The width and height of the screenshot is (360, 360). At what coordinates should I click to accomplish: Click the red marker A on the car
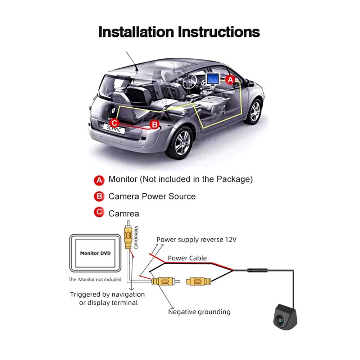230,80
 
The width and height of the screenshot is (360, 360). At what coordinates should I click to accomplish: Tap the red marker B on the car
154,125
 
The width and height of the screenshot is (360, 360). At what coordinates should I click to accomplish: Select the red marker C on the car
113,122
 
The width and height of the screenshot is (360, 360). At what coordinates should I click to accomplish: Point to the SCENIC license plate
114,129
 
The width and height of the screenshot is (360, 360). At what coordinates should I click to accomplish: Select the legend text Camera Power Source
152,197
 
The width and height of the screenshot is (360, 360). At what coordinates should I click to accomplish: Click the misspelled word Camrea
123,213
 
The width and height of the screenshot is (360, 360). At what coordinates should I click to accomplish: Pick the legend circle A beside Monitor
99,180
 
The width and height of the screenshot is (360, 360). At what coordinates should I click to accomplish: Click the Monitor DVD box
95,253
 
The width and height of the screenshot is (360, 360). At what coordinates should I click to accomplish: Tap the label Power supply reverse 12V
196,240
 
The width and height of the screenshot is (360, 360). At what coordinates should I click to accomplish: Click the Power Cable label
187,258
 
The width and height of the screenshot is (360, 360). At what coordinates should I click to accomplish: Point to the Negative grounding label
199,312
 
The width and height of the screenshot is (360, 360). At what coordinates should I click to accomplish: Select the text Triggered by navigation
107,294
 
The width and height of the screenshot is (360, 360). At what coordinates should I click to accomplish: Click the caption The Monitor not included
95,279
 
